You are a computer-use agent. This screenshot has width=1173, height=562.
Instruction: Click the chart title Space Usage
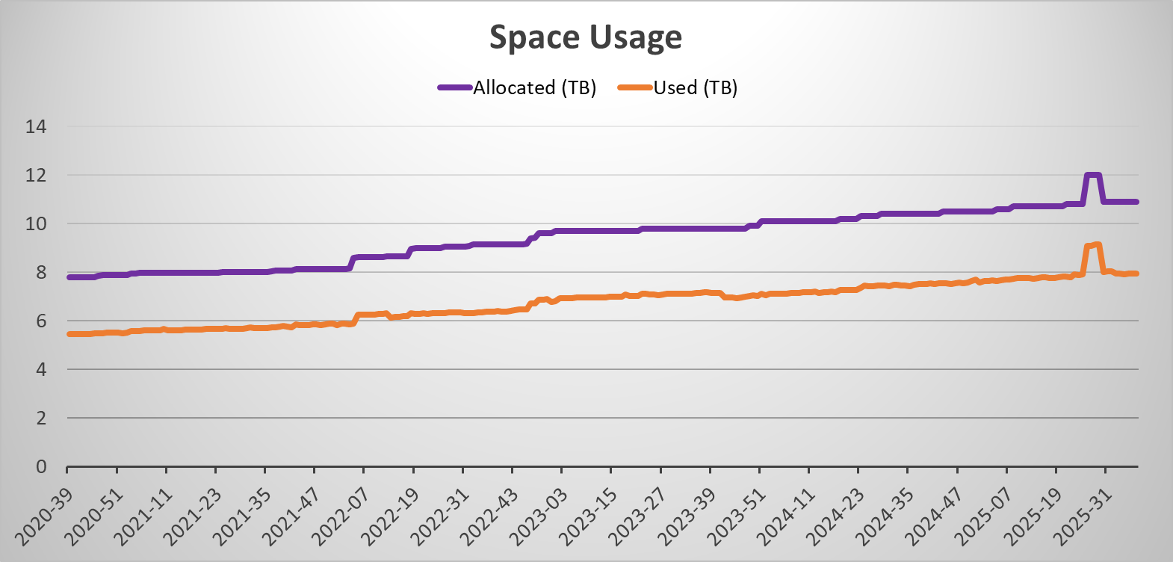(586, 37)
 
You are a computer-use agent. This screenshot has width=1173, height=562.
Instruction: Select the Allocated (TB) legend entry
(534, 87)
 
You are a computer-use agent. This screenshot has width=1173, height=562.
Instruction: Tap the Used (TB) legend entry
(695, 87)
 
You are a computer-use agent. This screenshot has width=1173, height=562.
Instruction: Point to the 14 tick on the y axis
(36, 126)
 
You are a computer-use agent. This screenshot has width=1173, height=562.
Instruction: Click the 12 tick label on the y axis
(36, 175)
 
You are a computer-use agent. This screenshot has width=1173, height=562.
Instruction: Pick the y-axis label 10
(36, 223)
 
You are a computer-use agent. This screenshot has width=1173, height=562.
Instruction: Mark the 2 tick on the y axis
(41, 418)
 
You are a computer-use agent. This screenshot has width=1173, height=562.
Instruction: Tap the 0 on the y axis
(41, 466)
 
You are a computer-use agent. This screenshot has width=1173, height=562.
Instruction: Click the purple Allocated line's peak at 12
(1092, 176)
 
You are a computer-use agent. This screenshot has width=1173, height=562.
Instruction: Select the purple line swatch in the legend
(454, 87)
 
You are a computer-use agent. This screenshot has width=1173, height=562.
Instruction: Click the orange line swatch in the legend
(635, 87)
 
